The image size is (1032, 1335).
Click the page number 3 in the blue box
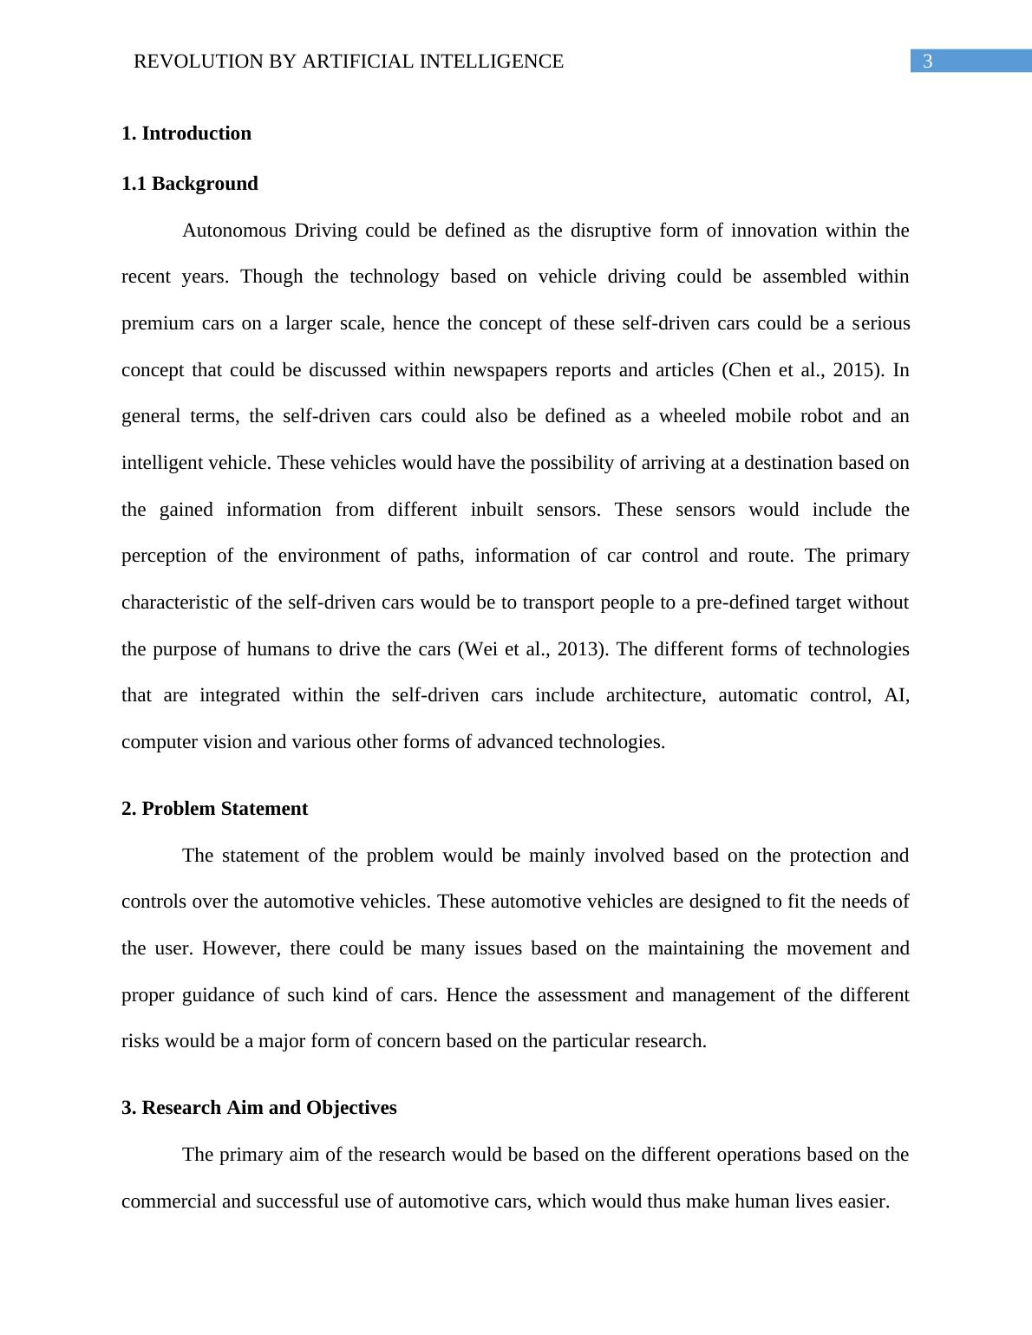pyautogui.click(x=927, y=62)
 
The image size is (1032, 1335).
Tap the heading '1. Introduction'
pyautogui.click(x=186, y=133)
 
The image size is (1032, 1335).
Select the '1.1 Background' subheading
pyautogui.click(x=190, y=184)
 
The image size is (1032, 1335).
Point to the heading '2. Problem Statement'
pyautogui.click(x=214, y=809)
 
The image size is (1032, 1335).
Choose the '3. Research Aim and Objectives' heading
pyautogui.click(x=259, y=1108)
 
